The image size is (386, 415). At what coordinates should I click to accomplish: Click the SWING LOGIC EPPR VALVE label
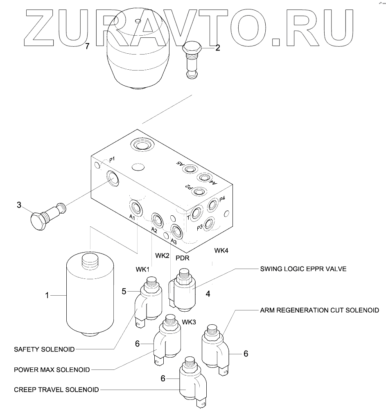pos(303,269)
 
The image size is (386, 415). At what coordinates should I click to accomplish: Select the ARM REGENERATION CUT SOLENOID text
pos(319,310)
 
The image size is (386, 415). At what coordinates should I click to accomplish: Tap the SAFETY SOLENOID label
pos(44,349)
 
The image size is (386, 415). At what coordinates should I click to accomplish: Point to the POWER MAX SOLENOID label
pos(52,369)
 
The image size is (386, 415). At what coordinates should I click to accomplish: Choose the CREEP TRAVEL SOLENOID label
pos(56,390)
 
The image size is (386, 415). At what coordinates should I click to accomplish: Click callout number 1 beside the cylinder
pos(47,295)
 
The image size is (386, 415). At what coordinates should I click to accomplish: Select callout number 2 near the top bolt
pos(218,48)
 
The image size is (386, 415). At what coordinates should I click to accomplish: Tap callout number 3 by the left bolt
pos(19,205)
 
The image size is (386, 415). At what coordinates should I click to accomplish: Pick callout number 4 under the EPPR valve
pos(208,294)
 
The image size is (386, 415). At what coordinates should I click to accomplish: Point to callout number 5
pos(124,292)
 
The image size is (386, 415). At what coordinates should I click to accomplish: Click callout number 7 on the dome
pos(87,46)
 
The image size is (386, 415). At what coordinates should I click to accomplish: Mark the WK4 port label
pos(221,250)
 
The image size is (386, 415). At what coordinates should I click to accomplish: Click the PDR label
pos(182,258)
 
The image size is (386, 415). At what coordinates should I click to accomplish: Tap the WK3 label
pos(189,321)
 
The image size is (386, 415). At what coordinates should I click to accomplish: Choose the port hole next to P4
pos(213,205)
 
